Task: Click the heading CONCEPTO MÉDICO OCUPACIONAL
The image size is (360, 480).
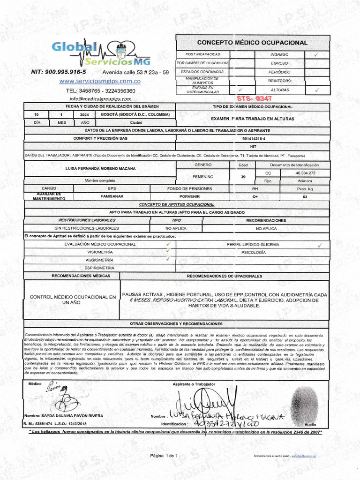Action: [252, 43]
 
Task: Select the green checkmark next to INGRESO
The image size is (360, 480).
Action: [316, 54]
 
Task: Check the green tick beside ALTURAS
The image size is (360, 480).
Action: [316, 90]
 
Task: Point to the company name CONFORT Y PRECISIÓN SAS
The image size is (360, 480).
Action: [100, 139]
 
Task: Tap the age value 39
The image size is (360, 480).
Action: [243, 177]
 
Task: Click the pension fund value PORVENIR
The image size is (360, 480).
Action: [189, 197]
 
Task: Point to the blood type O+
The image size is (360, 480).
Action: [255, 197]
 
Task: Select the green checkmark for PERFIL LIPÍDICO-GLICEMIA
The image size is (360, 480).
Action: [320, 245]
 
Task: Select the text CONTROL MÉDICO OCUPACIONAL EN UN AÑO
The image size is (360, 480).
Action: [73, 300]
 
